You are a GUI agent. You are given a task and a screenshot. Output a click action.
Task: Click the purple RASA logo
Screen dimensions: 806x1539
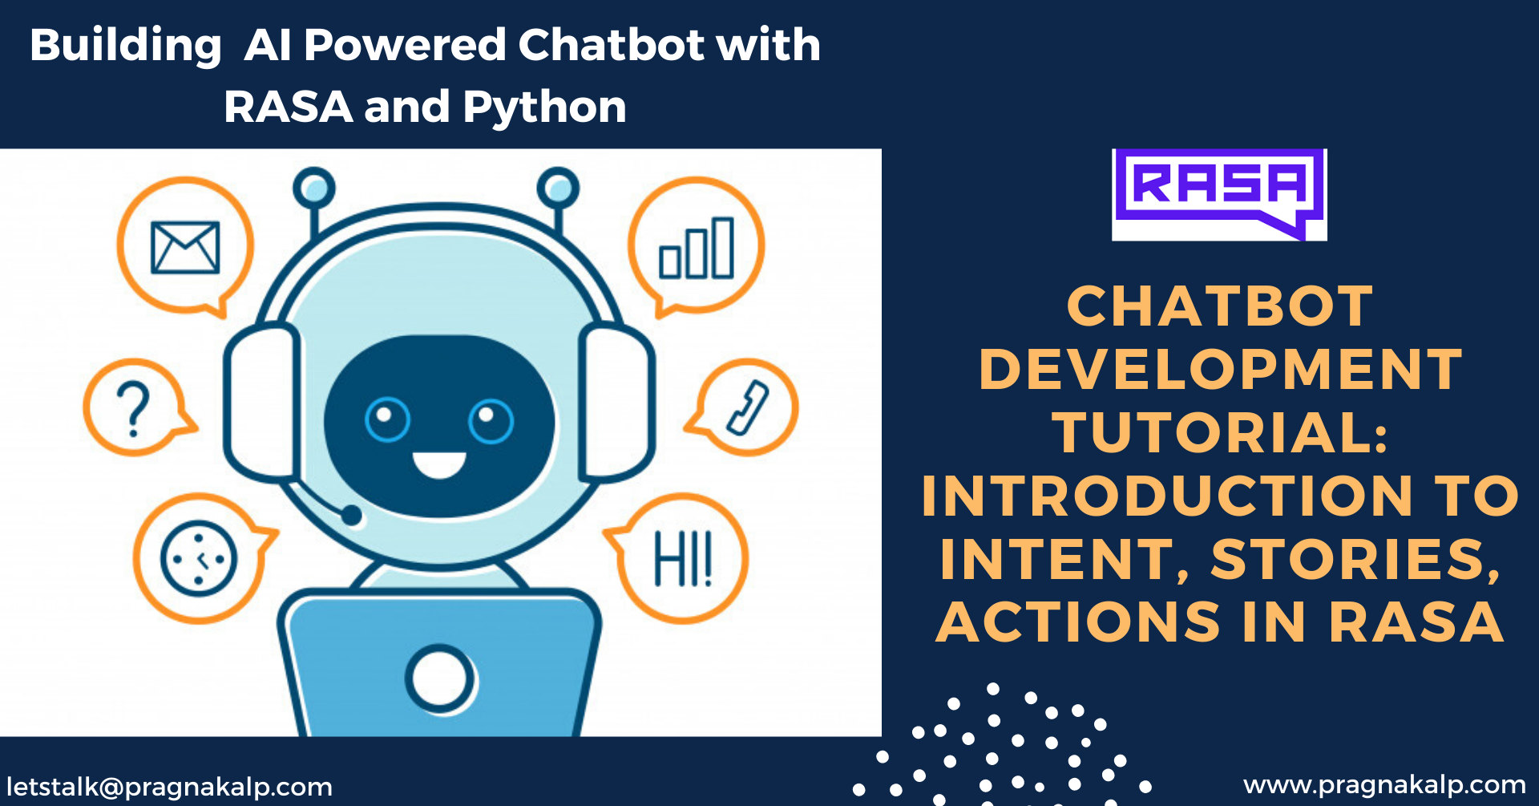1219,193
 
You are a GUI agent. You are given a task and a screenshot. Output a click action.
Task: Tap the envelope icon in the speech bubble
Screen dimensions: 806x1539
185,247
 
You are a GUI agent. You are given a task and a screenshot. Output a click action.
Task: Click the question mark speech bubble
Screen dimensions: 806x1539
135,407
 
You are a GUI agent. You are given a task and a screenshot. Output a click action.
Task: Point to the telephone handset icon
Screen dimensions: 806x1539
748,407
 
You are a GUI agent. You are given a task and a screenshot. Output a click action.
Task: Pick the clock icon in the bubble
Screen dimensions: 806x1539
199,558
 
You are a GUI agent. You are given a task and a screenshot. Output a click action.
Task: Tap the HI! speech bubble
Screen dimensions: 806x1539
683,558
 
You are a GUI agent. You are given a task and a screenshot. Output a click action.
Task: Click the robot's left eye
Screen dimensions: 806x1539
387,419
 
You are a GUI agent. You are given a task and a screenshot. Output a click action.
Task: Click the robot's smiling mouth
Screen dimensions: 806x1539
438,464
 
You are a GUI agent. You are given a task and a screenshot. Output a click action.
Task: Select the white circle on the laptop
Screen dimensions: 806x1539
439,678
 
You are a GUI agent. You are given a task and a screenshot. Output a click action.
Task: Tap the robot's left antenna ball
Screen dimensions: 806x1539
314,188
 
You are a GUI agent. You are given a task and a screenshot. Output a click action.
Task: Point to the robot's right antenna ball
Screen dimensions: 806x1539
558,188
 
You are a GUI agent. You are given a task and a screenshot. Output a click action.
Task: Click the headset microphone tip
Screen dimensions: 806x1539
351,515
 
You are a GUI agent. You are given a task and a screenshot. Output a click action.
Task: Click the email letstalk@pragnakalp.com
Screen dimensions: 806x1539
169,787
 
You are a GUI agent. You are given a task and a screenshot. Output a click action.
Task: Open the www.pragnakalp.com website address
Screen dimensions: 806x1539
1384,784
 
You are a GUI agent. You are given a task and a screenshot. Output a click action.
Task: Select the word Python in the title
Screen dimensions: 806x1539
544,107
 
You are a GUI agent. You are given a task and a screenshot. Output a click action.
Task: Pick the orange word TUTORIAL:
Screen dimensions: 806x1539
1220,432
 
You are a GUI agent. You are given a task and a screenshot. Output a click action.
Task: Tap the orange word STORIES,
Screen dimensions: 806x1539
1355,559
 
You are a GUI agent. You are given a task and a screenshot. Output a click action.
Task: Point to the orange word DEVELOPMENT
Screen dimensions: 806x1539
1220,370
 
